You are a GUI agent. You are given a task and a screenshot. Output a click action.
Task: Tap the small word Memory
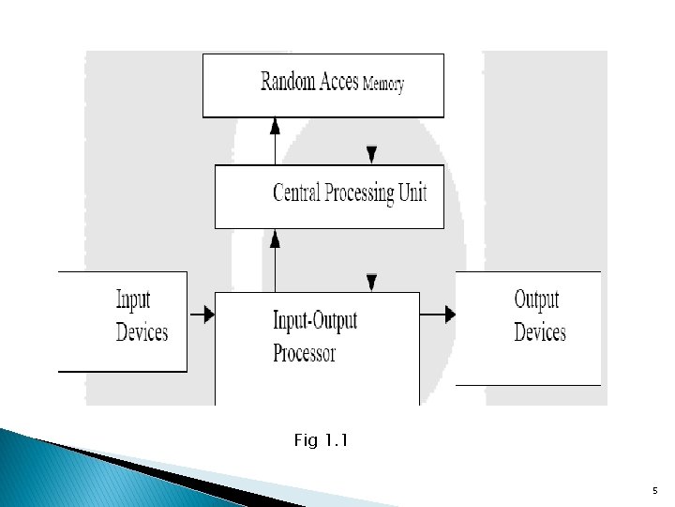pos(383,84)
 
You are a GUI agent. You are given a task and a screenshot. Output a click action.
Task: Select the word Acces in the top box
pos(337,82)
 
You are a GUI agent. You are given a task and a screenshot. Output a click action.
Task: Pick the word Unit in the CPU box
pos(413,193)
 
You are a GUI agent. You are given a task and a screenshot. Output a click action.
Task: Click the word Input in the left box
pos(133,300)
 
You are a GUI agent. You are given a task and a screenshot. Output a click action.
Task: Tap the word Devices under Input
pos(142,331)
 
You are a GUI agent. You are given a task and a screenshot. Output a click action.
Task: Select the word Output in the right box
pos(536,300)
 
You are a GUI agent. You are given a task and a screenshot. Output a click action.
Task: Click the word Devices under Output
pos(540,332)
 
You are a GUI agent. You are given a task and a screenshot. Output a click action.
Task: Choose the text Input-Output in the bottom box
pos(315,321)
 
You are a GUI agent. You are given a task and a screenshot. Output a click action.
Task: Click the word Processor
pos(304,353)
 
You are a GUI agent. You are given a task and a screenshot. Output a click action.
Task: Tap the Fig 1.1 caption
pos(321,439)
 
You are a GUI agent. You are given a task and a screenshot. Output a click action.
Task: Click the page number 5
pos(654,490)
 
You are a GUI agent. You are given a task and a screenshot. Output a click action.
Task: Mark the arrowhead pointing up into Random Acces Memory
pos(275,124)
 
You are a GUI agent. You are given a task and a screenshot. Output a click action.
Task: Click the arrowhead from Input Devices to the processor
pos(209,315)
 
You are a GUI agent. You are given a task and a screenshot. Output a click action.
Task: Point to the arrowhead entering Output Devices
pos(450,315)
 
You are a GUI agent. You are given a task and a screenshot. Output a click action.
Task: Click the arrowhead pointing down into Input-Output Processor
pos(372,283)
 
